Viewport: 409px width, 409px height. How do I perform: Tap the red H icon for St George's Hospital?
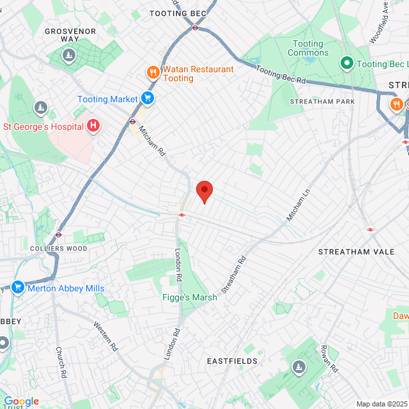pos(93,125)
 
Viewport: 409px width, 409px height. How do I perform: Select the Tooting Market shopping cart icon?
pos(148,99)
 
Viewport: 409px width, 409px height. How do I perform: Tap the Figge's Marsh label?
pos(189,297)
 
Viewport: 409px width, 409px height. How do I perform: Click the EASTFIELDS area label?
pos(232,361)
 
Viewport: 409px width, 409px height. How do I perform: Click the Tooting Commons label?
pos(308,48)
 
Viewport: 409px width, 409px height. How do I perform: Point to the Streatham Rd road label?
pos(234,274)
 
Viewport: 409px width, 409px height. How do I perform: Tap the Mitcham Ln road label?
pos(298,205)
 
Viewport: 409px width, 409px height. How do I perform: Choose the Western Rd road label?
pos(106,336)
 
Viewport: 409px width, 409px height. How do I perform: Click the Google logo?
pos(20,401)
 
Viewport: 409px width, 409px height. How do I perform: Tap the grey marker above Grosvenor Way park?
pos(68,57)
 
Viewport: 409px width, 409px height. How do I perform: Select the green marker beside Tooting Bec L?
pos(346,63)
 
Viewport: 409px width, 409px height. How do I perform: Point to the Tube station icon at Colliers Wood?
pos(59,235)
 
